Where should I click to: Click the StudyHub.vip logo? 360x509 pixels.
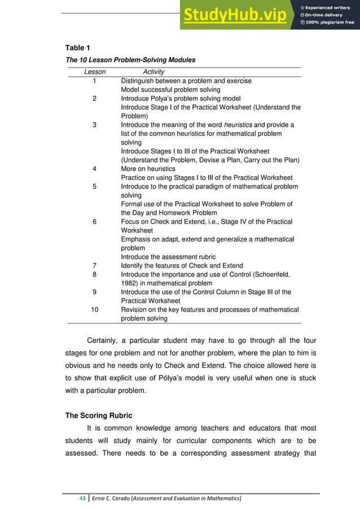(x=234, y=15)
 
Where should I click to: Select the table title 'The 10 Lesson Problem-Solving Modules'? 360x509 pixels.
(x=130, y=59)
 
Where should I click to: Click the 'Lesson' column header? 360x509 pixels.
(x=95, y=72)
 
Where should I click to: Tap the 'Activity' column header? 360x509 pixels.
(x=153, y=72)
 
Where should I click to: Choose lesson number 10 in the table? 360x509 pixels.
(x=95, y=310)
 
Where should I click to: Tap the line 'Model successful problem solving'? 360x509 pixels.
(x=170, y=90)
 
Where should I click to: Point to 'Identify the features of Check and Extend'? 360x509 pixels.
(x=182, y=266)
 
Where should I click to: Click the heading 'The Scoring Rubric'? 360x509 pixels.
(x=99, y=416)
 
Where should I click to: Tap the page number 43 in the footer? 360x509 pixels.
(x=82, y=498)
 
